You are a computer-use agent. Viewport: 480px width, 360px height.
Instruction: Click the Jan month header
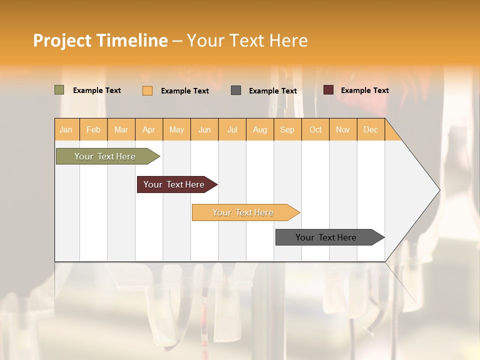point(66,129)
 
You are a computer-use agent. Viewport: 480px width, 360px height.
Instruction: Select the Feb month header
point(93,129)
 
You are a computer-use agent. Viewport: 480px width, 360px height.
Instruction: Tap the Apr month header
point(149,129)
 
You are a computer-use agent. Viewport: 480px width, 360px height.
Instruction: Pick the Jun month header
point(204,129)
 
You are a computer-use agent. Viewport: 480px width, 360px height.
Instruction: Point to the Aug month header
point(260,129)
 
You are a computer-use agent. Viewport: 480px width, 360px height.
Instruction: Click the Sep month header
point(287,129)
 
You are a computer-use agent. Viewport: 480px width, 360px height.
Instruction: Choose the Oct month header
point(315,129)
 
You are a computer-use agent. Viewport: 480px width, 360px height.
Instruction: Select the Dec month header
point(371,129)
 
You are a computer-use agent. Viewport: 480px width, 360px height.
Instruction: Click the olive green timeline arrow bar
point(105,156)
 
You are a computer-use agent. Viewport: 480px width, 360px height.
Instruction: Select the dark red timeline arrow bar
point(174,184)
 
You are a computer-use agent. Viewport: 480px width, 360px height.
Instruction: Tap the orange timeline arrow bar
point(243,212)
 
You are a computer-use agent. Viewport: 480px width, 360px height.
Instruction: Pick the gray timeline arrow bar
point(326,237)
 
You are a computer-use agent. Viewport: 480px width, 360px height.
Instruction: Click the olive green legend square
point(59,90)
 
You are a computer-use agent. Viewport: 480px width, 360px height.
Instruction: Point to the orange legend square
point(147,90)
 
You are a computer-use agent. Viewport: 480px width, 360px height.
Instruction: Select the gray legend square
point(236,90)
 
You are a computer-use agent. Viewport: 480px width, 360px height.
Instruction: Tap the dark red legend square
point(328,90)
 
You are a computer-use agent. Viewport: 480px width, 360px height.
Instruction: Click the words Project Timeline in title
point(100,40)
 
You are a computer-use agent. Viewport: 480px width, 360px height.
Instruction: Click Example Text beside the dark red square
point(365,90)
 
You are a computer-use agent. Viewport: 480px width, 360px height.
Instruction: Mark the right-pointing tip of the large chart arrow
point(438,190)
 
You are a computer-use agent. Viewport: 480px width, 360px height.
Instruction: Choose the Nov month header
point(343,129)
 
